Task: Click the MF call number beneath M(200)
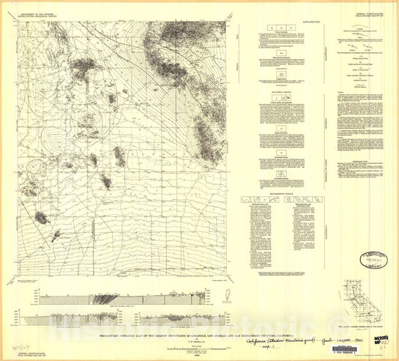380,325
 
